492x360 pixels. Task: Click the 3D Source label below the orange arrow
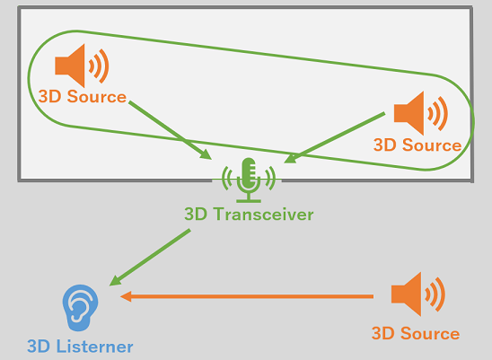pos(416,334)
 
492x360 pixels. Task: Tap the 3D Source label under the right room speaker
pos(417,145)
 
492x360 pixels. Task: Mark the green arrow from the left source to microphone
pos(171,130)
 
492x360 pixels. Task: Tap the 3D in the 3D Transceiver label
pos(196,215)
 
